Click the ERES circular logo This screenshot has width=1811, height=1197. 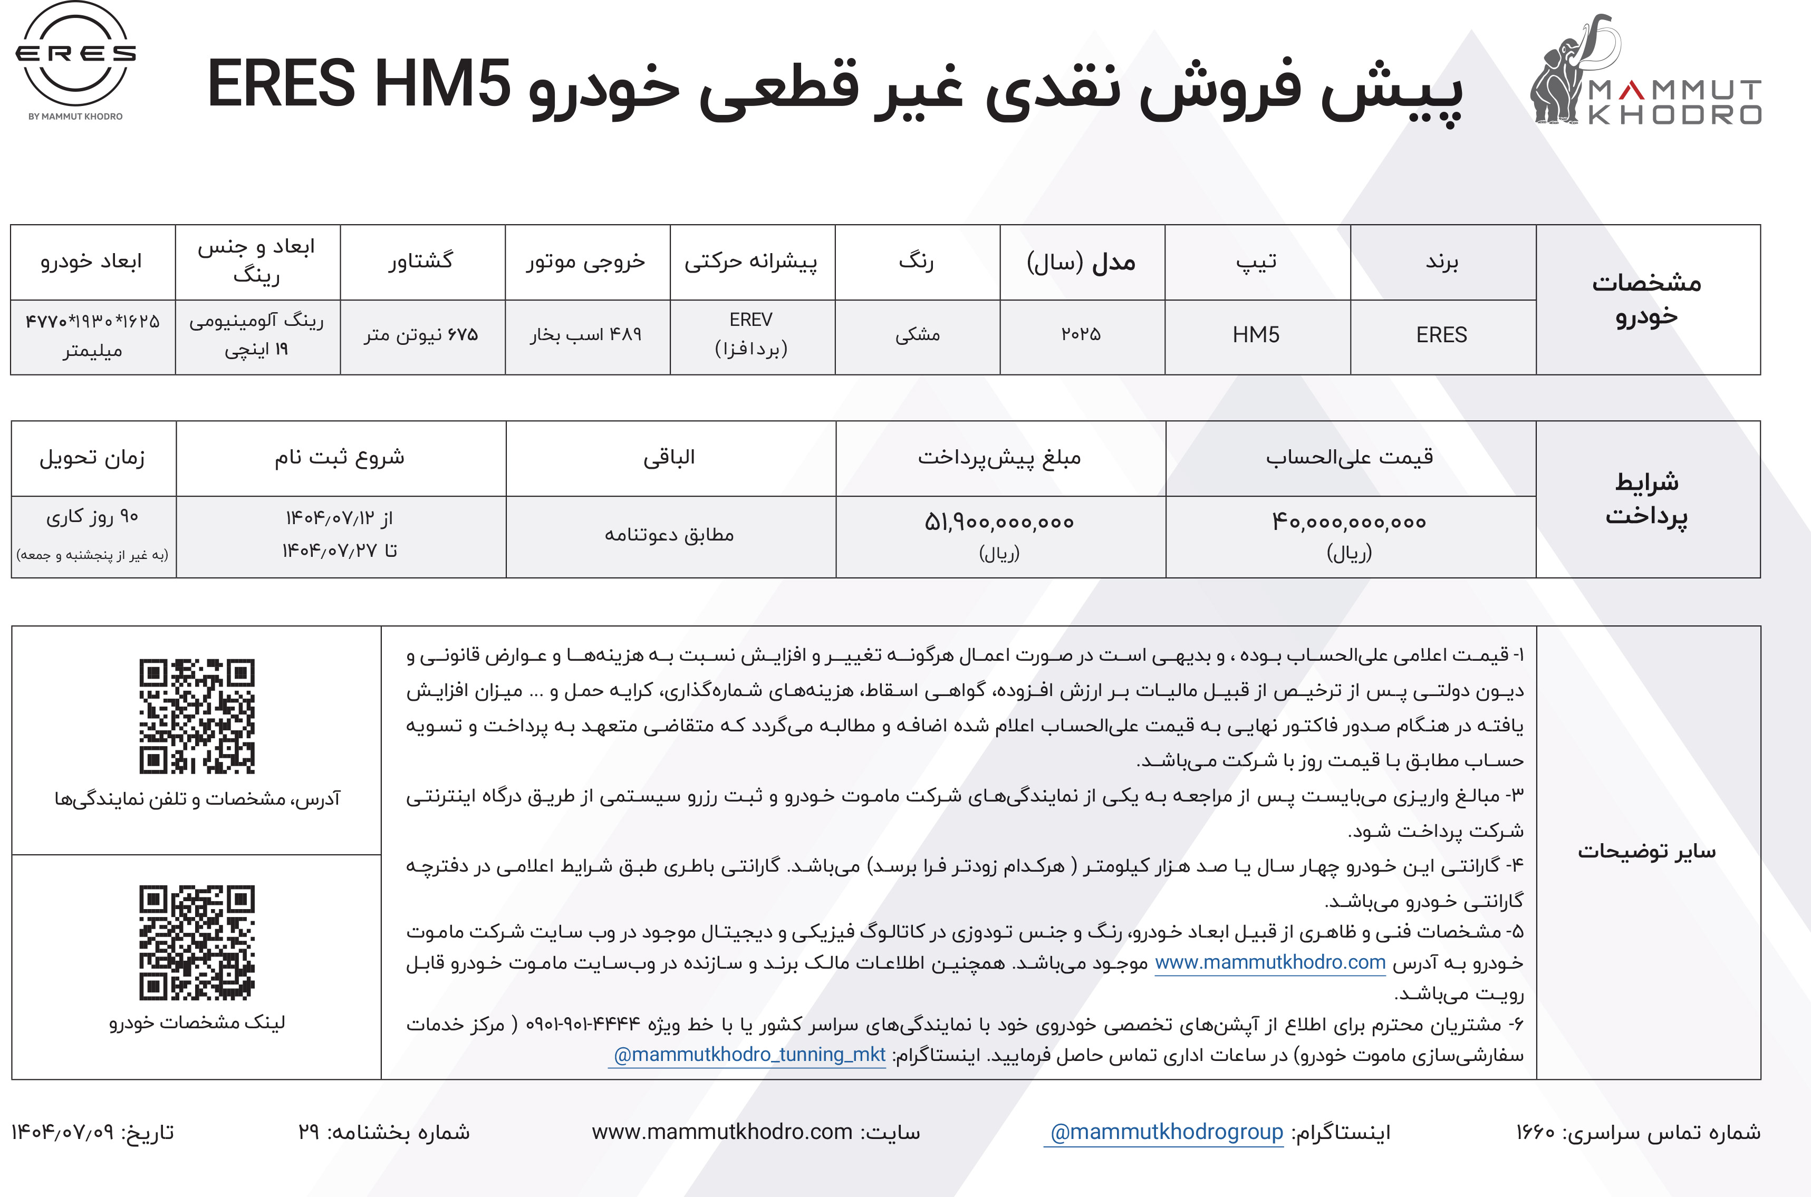click(x=75, y=55)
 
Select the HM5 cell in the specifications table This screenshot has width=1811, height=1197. click(x=1256, y=335)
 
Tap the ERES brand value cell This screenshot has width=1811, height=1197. click(x=1441, y=335)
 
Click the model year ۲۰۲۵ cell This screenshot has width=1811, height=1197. click(x=1081, y=335)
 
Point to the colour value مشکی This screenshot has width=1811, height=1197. click(x=917, y=335)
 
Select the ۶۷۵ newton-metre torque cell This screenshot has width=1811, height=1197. click(x=421, y=335)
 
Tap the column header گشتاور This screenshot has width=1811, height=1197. click(x=421, y=261)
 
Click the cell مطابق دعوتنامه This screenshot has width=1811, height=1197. click(x=670, y=535)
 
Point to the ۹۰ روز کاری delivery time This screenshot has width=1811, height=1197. click(x=92, y=518)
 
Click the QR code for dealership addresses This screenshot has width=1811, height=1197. click(x=197, y=716)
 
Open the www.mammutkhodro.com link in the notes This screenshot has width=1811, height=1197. click(x=1270, y=963)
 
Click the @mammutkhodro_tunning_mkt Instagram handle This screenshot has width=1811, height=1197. click(x=749, y=1055)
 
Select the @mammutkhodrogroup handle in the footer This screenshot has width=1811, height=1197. click(x=1167, y=1132)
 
